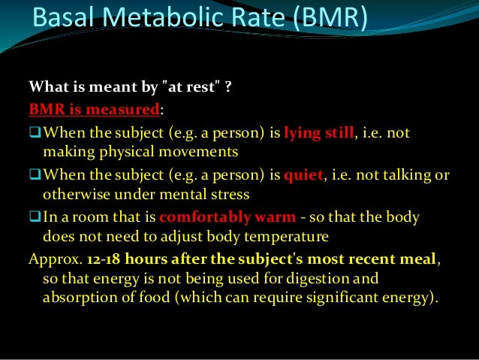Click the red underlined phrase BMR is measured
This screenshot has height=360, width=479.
(95, 110)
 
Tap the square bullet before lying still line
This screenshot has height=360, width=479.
(35, 135)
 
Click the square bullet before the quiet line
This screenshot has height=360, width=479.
(35, 176)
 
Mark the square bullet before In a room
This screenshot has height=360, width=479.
(35, 218)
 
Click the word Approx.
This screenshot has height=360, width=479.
(55, 259)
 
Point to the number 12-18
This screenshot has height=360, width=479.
(105, 259)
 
